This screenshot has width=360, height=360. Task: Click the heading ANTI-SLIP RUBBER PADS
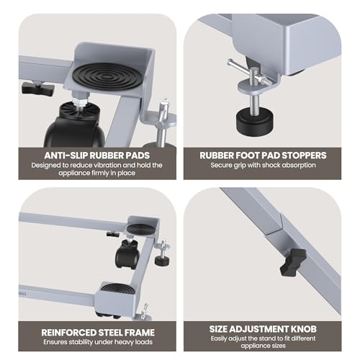point(97,156)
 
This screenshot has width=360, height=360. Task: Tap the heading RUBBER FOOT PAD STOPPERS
point(263,156)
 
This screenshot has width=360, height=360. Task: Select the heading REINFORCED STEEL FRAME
point(98,333)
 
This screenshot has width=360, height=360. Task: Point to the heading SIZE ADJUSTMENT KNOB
point(263,329)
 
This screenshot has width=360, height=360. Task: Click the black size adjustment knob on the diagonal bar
point(293,262)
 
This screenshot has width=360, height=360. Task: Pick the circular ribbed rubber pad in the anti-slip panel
point(107,76)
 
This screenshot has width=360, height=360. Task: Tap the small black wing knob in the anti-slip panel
point(38,88)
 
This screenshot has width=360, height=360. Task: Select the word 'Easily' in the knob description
point(219,339)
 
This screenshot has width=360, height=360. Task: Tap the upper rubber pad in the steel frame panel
point(140,230)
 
